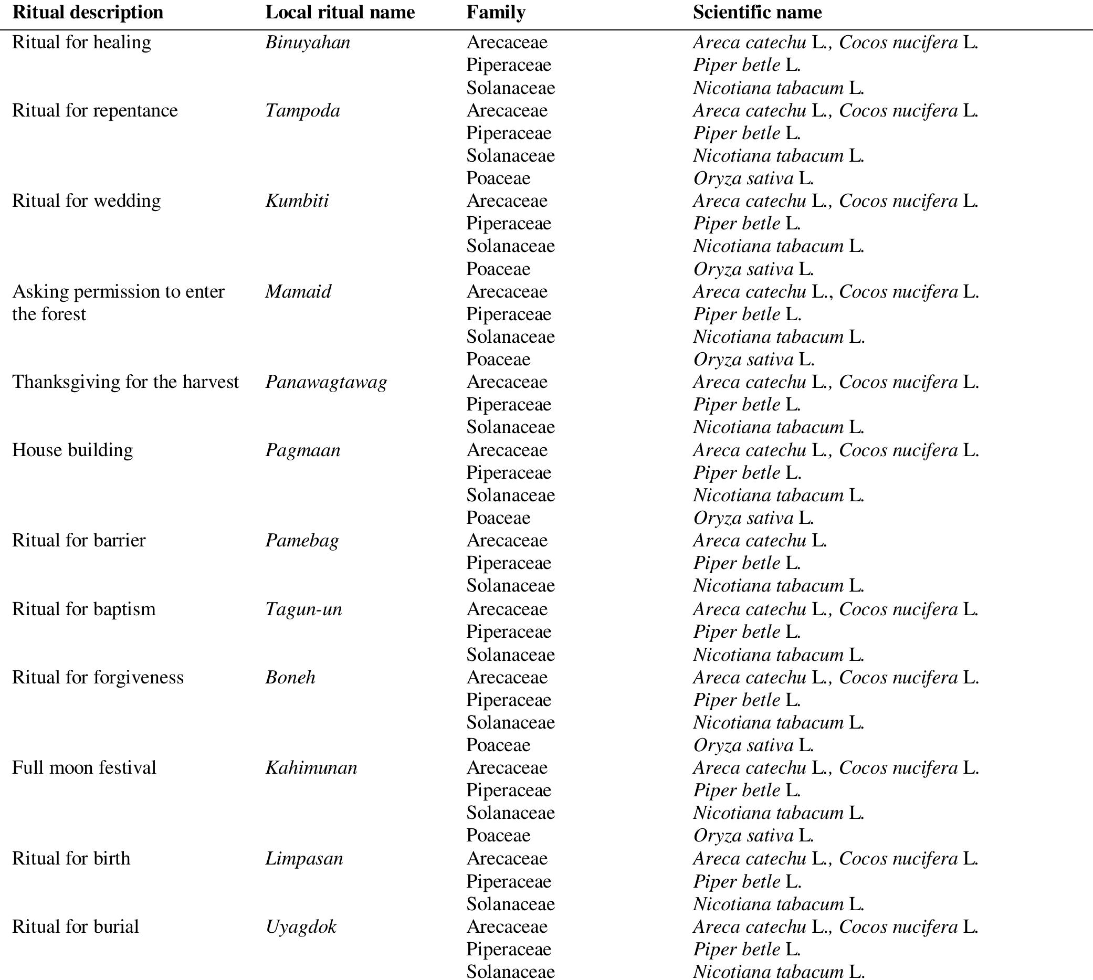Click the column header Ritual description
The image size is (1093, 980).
click(x=88, y=13)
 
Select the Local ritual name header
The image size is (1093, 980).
click(x=340, y=13)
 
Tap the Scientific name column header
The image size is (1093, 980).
click(x=757, y=13)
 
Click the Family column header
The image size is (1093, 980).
click(x=496, y=13)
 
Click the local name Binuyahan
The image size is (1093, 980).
click(x=308, y=43)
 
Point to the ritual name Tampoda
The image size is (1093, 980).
click(x=302, y=111)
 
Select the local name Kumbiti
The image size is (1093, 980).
click(x=297, y=202)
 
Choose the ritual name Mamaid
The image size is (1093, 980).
click(x=298, y=292)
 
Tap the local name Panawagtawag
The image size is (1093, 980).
click(x=325, y=382)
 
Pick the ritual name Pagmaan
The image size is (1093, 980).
click(x=302, y=450)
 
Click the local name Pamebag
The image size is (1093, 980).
click(x=301, y=541)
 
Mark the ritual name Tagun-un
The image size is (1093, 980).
click(x=303, y=609)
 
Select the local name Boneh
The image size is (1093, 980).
click(x=290, y=677)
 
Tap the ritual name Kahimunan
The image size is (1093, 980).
click(x=311, y=768)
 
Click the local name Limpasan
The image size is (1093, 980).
click(x=303, y=858)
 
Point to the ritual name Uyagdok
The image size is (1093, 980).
click(x=300, y=926)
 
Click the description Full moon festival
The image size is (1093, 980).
click(x=84, y=768)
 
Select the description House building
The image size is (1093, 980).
click(x=72, y=450)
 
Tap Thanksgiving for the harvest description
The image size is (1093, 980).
click(x=125, y=382)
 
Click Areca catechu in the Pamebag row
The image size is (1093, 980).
click(x=750, y=541)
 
